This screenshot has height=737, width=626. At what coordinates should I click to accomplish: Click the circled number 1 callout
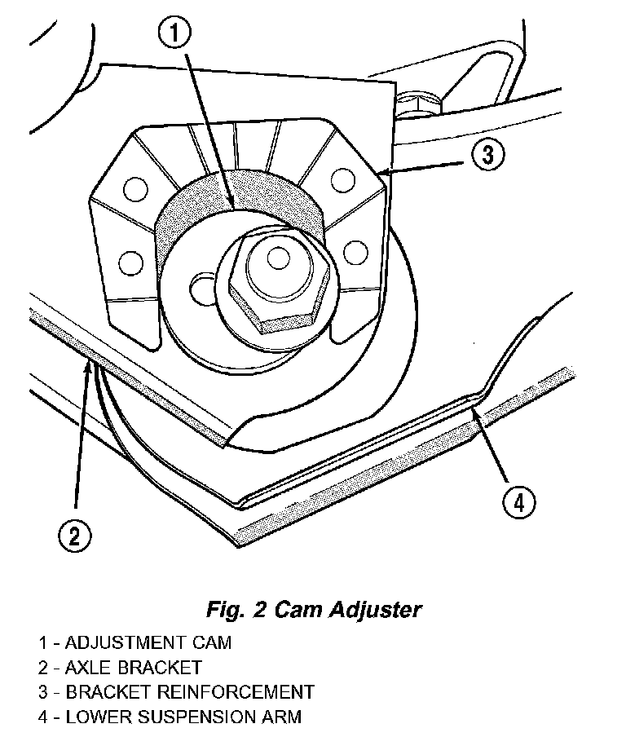click(174, 33)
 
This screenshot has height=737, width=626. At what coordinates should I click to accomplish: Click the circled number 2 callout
click(75, 536)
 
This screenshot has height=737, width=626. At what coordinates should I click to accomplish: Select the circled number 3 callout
click(488, 154)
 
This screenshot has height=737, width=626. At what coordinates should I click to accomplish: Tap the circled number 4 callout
click(519, 503)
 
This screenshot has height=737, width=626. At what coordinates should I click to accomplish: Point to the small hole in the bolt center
click(278, 258)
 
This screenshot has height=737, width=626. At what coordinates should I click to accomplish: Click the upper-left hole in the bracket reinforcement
click(136, 189)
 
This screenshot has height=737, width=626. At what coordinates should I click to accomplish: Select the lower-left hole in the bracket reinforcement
click(130, 263)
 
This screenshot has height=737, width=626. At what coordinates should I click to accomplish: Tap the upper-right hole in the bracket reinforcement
click(342, 180)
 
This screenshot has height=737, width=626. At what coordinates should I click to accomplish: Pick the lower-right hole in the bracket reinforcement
click(355, 253)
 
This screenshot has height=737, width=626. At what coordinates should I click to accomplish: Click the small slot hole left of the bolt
click(203, 289)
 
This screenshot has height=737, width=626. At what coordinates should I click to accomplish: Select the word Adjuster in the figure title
click(375, 611)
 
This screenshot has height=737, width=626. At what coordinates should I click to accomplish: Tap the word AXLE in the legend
click(88, 668)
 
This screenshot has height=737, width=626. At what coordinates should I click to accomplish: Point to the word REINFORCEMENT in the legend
click(235, 692)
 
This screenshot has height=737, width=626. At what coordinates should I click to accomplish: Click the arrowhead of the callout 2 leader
click(88, 366)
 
